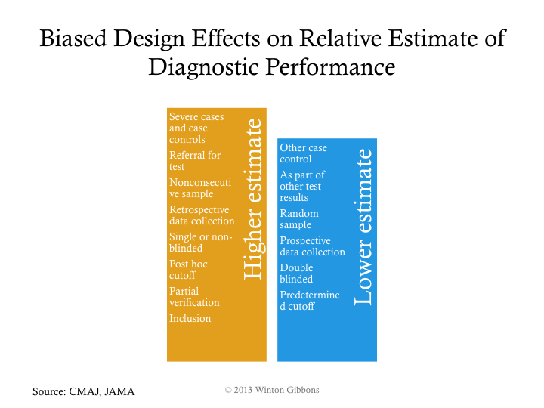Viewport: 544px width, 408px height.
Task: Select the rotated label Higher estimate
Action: [x=254, y=199]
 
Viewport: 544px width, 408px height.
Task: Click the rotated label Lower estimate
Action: [x=363, y=227]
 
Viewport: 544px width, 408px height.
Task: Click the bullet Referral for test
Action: [x=194, y=161]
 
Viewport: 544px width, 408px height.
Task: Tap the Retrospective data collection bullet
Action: [x=201, y=215]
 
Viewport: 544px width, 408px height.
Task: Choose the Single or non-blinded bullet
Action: [x=200, y=243]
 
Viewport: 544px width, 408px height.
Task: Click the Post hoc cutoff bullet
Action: [x=188, y=270]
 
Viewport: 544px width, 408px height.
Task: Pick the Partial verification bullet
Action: [x=194, y=297]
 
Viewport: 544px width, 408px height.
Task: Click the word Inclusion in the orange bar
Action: [x=190, y=318]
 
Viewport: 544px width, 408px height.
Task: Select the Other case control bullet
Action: [x=303, y=153]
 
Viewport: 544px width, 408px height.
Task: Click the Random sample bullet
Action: [x=299, y=219]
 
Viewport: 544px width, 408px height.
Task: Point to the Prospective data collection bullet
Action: [x=312, y=246]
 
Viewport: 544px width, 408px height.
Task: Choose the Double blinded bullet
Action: [x=296, y=274]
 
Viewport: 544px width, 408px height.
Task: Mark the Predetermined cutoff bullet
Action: [x=310, y=301]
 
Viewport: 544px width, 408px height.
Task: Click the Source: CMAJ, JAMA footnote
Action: [x=83, y=391]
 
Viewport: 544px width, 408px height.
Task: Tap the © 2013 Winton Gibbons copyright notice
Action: [x=272, y=389]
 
